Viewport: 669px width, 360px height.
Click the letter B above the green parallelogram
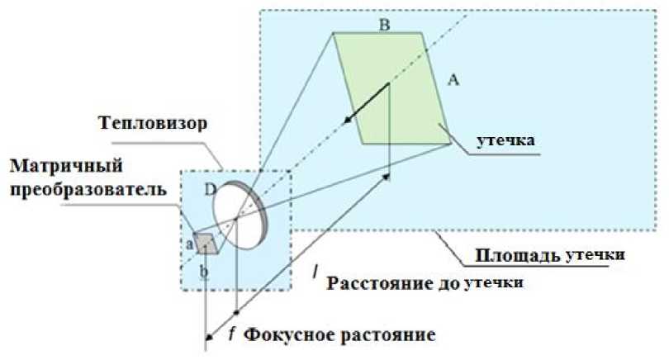(384, 25)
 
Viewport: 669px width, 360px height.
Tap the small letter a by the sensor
(190, 244)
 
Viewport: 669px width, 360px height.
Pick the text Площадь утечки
(553, 256)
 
